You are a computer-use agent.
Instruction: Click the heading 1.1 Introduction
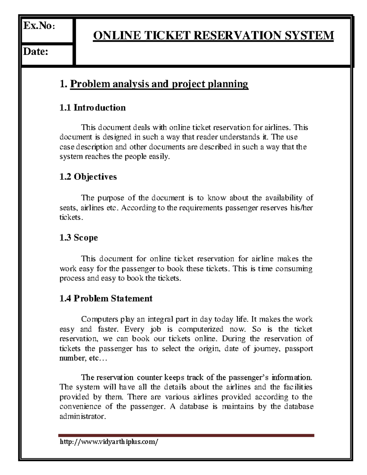point(93,108)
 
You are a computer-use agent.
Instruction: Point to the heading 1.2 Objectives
point(88,177)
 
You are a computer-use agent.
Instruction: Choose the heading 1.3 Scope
point(79,238)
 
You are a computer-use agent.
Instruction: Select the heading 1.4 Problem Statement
point(106,298)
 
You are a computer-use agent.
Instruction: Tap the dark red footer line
point(187,436)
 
